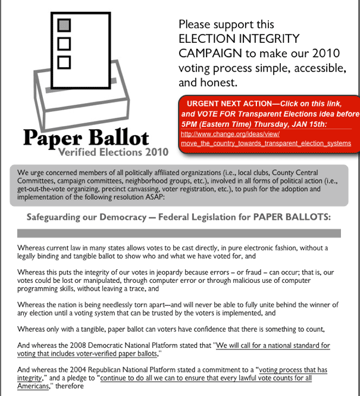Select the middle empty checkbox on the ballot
point(64,43)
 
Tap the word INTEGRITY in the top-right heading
point(267,39)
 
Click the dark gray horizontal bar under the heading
point(179,233)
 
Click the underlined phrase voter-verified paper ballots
point(120,353)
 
